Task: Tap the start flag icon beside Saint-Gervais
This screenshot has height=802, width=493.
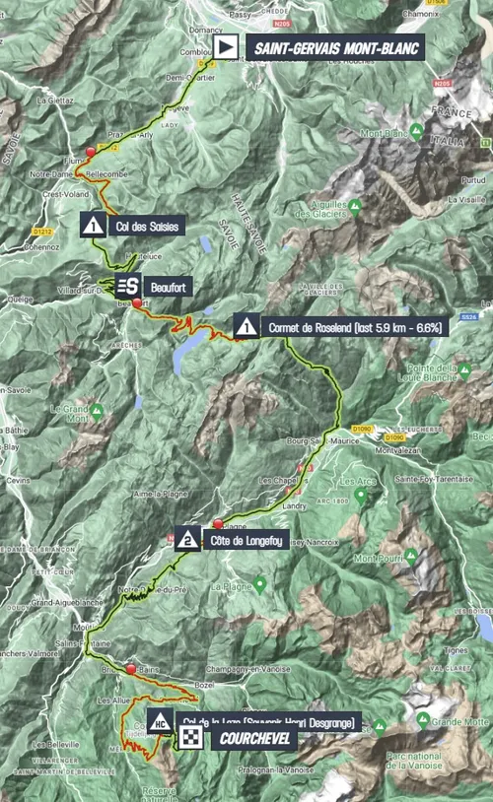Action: (x=226, y=47)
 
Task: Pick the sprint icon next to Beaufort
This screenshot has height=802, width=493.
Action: (x=125, y=287)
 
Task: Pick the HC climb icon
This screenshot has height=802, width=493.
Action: (x=158, y=721)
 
